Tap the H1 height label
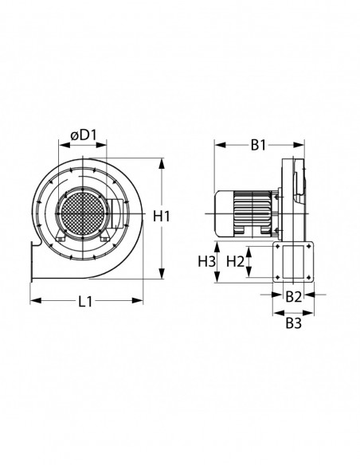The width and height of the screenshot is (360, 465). click(162, 216)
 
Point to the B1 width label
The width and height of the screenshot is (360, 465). click(258, 144)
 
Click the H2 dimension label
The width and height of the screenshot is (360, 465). click(235, 261)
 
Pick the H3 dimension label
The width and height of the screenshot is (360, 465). click(206, 261)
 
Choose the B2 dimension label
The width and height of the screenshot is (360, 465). click(293, 297)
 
